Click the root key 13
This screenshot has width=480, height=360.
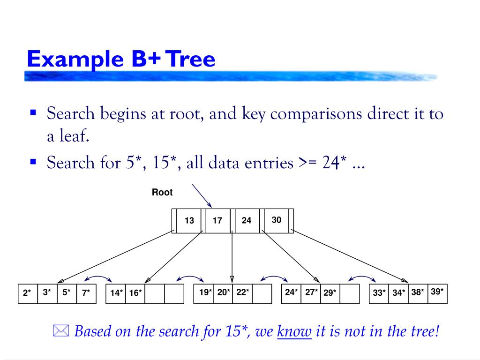click(189, 220)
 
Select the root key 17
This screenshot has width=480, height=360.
click(217, 220)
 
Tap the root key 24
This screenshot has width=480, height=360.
click(247, 220)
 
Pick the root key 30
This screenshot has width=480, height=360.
click(277, 219)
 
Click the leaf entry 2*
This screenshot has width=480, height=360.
click(27, 294)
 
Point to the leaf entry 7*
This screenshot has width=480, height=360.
click(86, 293)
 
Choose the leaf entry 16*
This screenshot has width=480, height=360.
click(135, 293)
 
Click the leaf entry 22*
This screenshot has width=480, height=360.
click(242, 292)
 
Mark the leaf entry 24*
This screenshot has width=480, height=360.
click(291, 292)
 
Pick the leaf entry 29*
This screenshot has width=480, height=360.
click(330, 293)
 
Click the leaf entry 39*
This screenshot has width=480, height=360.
click(437, 292)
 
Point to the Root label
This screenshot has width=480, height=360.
click(162, 193)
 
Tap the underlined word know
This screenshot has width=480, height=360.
click(294, 332)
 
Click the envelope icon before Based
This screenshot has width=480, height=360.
click(60, 332)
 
